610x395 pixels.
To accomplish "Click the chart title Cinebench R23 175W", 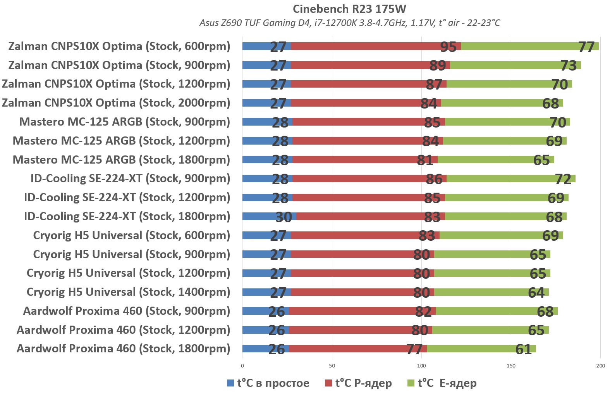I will (349, 9).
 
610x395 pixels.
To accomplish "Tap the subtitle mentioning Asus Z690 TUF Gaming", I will (349, 23).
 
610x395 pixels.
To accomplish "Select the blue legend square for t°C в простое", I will (230, 383).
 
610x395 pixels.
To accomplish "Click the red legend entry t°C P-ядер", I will (363, 383).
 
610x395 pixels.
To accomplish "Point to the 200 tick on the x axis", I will (600, 366).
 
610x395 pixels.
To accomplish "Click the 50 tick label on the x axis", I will (332, 366).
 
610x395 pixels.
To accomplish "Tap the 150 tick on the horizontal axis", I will (511, 366).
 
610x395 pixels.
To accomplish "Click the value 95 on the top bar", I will (448, 47).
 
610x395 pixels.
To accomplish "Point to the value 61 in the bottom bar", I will (524, 350).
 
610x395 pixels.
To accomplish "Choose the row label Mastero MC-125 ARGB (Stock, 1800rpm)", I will (121, 160).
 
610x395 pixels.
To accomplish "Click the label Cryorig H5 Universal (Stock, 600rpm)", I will (131, 235).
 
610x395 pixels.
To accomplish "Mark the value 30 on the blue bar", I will (284, 217).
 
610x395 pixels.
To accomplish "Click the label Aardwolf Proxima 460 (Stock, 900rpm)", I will (126, 311).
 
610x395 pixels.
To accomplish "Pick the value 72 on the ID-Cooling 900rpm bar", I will (563, 179).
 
